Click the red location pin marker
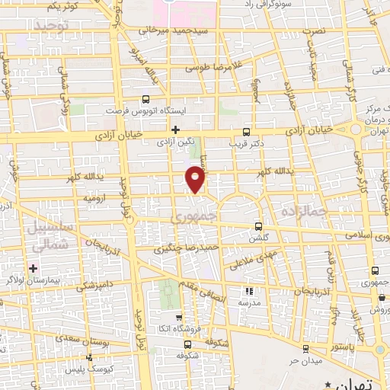(196, 180)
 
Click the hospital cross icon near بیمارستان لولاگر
(33, 268)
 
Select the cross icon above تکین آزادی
(176, 129)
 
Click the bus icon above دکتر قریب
(245, 129)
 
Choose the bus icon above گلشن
(257, 226)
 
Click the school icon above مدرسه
(248, 290)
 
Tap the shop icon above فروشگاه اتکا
(179, 318)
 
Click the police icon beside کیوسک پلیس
(90, 356)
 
